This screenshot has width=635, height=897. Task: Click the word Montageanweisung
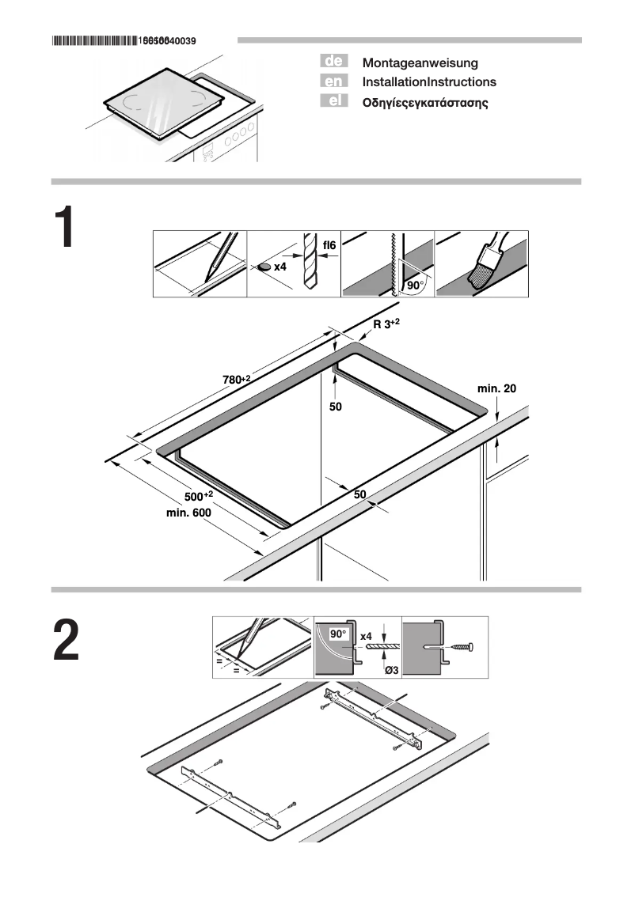420,62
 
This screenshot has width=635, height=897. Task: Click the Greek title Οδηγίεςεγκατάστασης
424,103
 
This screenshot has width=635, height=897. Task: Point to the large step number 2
67,642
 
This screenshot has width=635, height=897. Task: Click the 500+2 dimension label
199,496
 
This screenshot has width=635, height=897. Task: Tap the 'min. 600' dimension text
188,513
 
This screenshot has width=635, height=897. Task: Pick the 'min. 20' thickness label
496,388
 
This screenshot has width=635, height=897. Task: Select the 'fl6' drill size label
329,246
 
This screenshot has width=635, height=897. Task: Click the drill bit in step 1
309,263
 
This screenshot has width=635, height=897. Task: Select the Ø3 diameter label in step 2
390,671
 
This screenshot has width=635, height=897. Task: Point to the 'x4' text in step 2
366,636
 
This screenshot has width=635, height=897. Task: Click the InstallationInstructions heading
429,82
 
